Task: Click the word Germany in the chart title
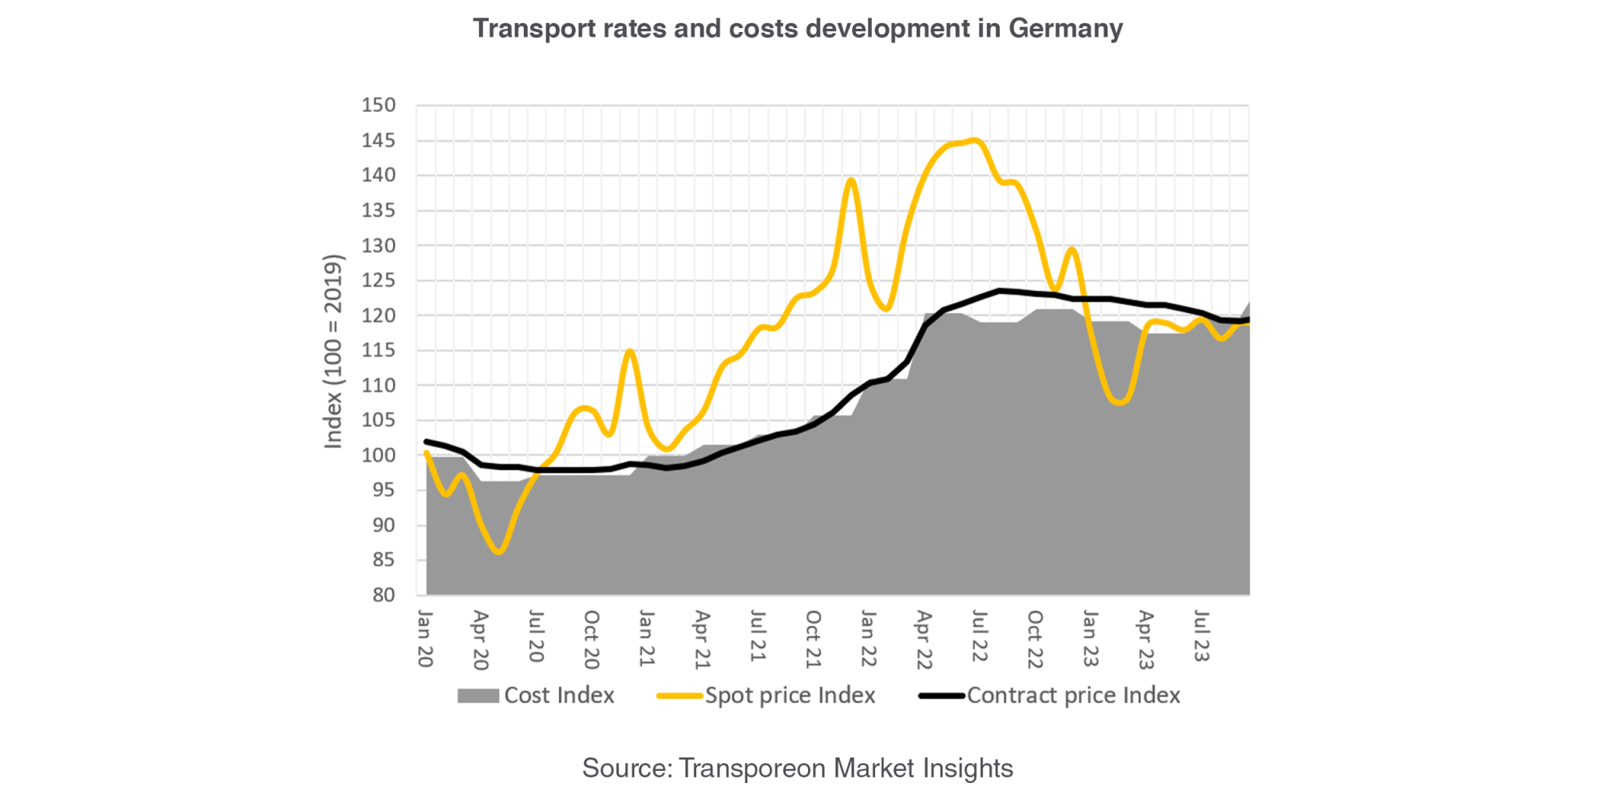point(1065,29)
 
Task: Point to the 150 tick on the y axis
point(378,105)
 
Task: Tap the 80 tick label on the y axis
point(383,595)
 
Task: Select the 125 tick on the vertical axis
point(378,280)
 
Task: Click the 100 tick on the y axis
point(378,455)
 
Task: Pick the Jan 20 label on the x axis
point(426,639)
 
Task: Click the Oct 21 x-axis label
point(813,639)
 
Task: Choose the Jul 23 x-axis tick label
point(1201,637)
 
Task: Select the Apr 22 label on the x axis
point(924,640)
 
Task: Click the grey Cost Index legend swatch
point(478,696)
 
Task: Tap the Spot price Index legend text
point(790,696)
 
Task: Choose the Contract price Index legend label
point(1073,696)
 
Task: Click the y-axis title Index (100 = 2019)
point(333,352)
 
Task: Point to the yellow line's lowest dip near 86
point(500,551)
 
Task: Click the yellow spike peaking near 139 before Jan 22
point(851,180)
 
